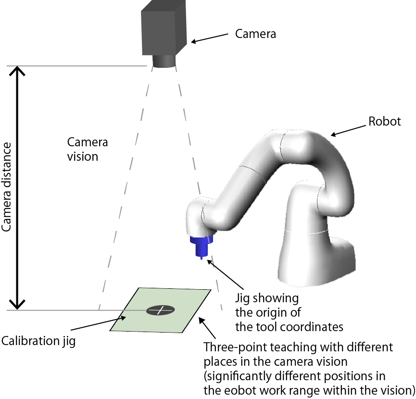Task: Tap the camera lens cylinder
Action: click(164, 61)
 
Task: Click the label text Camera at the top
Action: click(255, 34)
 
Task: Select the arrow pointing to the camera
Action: click(210, 37)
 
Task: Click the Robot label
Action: click(384, 121)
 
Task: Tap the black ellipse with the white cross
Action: click(161, 310)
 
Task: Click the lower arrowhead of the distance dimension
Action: click(18, 303)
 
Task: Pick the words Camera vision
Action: click(88, 149)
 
